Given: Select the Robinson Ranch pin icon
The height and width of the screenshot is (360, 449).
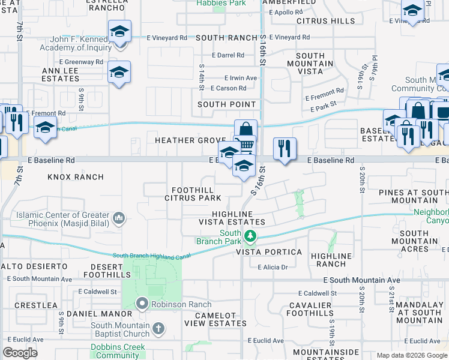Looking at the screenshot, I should click(x=142, y=304).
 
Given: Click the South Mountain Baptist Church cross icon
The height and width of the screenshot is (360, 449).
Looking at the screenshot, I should click(x=158, y=328).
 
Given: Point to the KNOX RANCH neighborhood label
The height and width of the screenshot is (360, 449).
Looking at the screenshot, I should click(x=76, y=177).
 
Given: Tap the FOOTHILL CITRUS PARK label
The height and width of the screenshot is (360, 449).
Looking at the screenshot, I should click(x=193, y=193).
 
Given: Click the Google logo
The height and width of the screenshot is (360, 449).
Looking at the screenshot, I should click(x=20, y=353).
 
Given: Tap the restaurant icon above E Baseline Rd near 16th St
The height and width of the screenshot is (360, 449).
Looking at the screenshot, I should click(x=284, y=148).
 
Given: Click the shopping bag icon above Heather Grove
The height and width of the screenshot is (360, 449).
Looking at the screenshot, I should click(x=246, y=130).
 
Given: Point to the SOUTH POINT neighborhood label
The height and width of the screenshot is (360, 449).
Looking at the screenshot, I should click(x=226, y=104).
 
